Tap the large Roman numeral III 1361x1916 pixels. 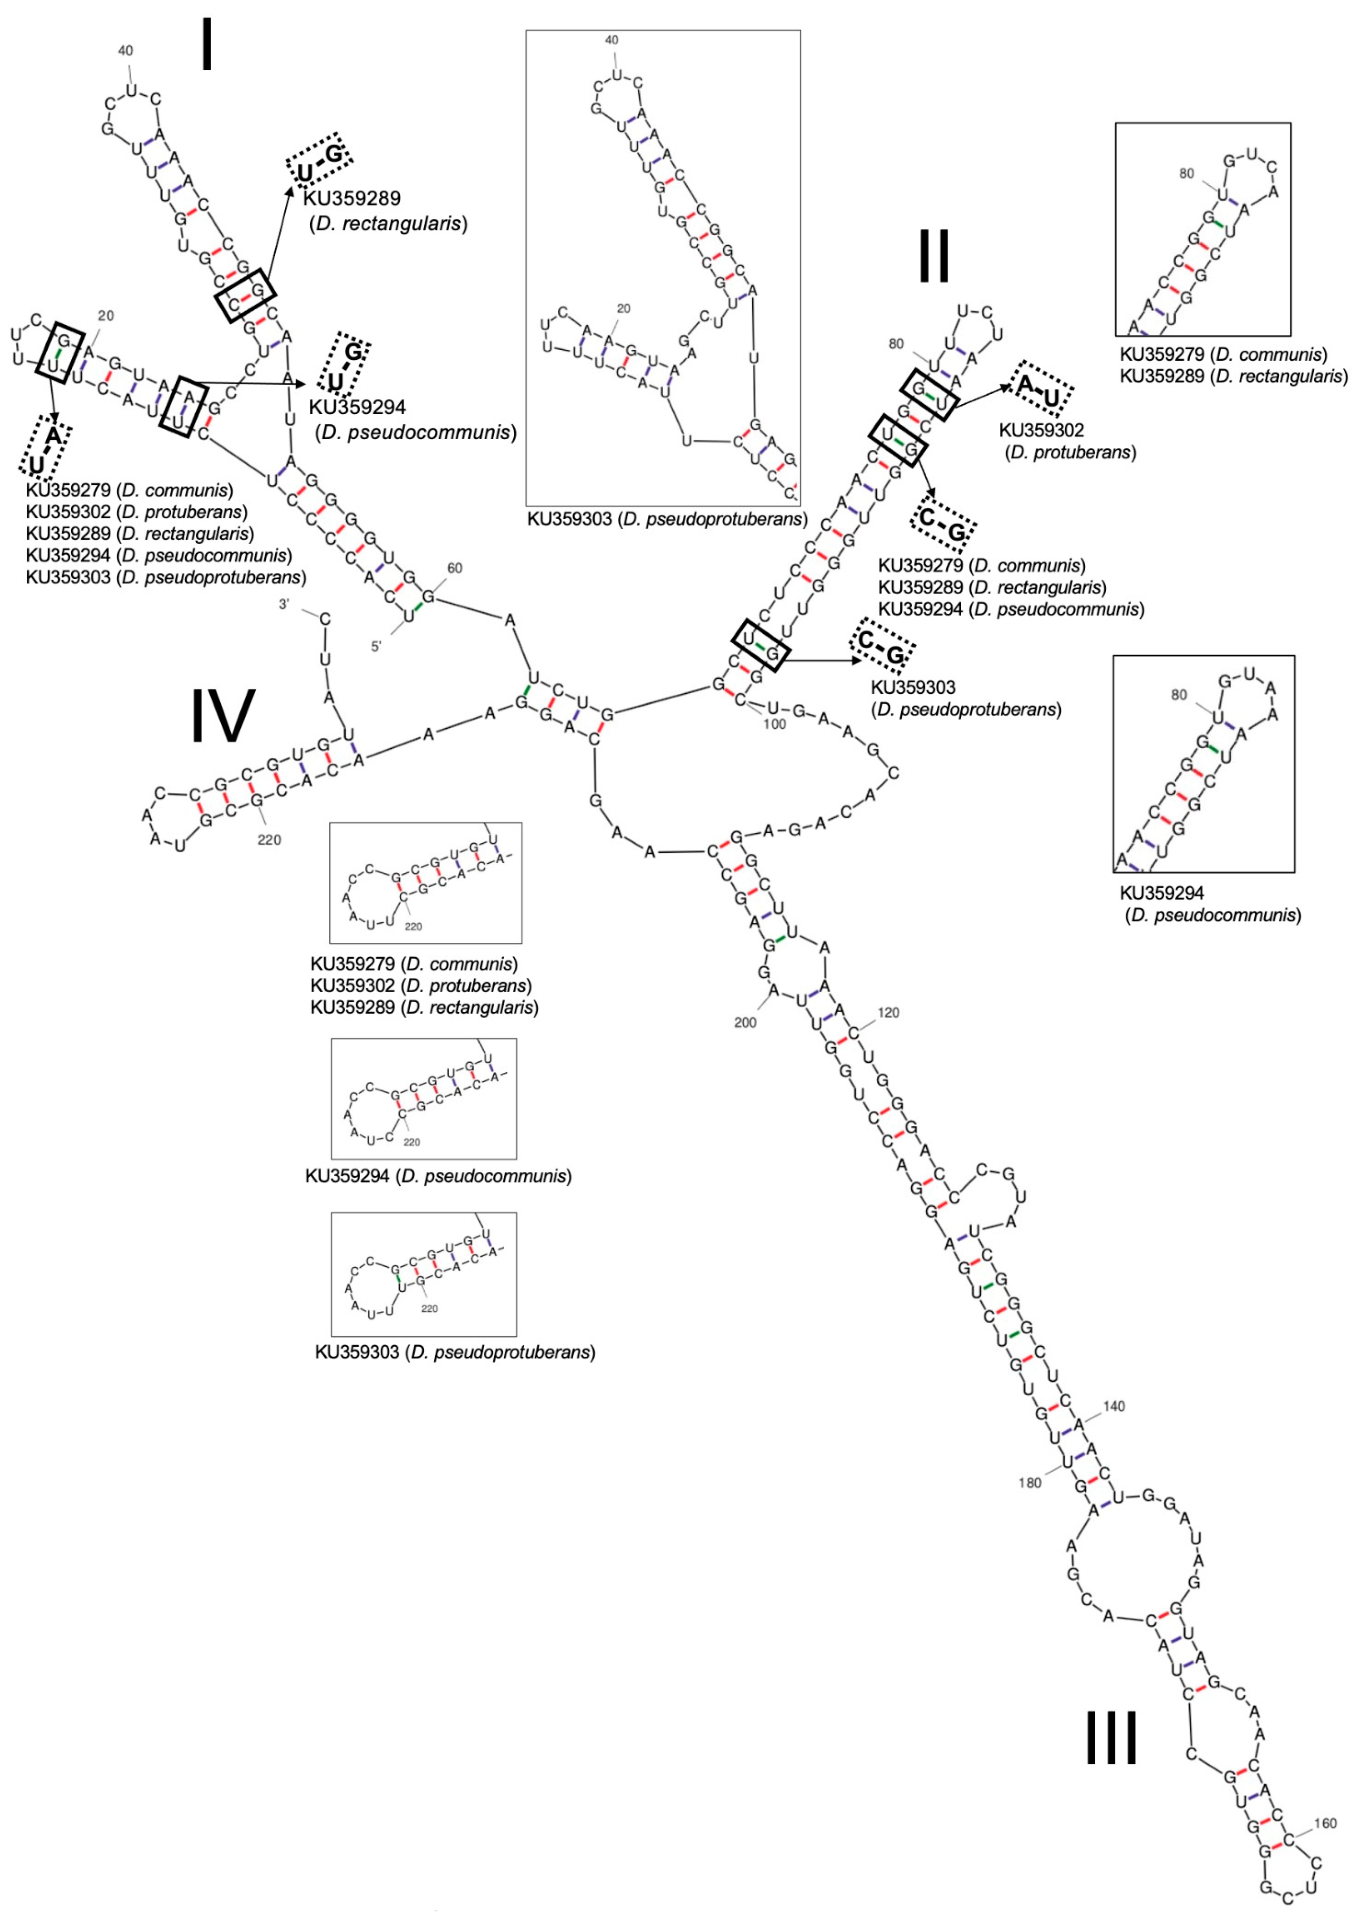(x=1111, y=1736)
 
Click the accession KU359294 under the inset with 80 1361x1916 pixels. (x=1161, y=895)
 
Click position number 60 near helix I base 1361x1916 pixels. (x=454, y=568)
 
